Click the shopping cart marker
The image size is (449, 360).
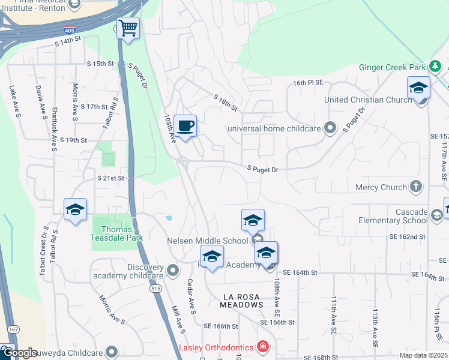point(128,28)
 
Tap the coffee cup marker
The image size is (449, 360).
point(185,126)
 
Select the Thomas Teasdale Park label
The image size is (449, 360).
point(117,233)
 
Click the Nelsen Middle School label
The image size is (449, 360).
point(207,241)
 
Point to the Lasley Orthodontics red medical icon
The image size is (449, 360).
point(262,347)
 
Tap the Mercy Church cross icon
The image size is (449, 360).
point(415,187)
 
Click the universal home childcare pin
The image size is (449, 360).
point(330,128)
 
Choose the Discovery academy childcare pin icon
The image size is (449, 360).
point(173,271)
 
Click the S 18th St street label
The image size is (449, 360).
point(226,102)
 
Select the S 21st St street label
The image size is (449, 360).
point(110,178)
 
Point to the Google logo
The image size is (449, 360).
point(19,353)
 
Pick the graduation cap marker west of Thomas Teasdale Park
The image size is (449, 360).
point(75,210)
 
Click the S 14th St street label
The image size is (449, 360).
point(67,42)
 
